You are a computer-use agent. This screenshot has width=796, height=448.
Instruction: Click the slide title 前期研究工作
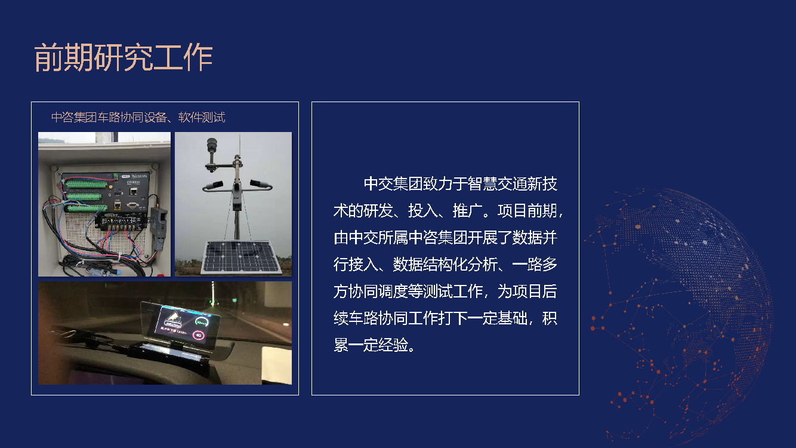coord(124,58)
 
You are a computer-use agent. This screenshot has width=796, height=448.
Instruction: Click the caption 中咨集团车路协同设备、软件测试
coord(138,118)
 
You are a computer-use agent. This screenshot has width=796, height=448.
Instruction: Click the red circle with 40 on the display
coord(198,335)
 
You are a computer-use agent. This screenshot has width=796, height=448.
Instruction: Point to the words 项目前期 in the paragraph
coord(527,211)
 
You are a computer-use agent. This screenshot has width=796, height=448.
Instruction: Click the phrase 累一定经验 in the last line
coord(371,345)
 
